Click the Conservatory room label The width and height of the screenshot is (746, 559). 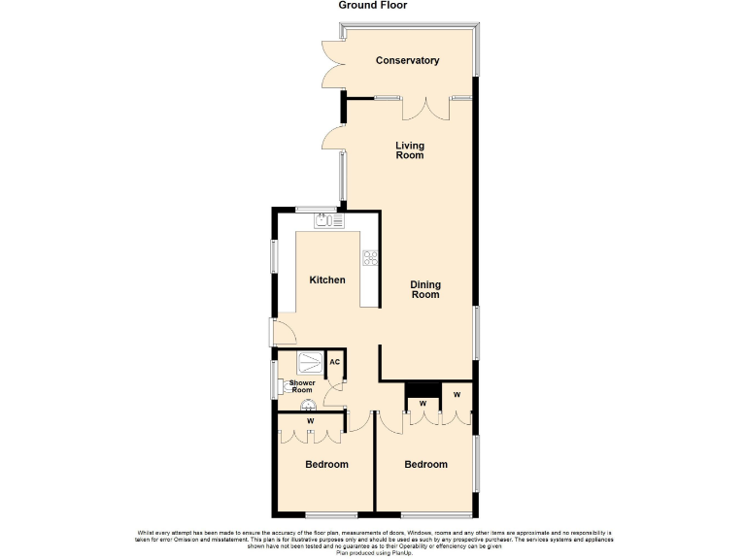(x=408, y=60)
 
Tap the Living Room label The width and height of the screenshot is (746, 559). (x=409, y=150)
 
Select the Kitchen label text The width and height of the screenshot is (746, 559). (x=327, y=280)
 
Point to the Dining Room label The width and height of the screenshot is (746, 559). (x=425, y=289)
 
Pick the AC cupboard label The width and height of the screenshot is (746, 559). (x=334, y=362)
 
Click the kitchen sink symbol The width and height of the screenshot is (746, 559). (x=327, y=221)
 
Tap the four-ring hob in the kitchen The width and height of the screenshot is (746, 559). (x=369, y=257)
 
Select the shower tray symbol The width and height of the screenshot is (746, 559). (x=310, y=362)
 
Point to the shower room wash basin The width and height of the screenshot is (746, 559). (x=308, y=406)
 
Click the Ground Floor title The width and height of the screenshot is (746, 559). (x=373, y=6)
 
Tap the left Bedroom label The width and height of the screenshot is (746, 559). (x=326, y=465)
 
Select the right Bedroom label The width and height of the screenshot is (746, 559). (x=425, y=465)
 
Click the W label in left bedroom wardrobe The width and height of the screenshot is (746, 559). (x=310, y=421)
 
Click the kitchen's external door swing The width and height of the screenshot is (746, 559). (x=285, y=334)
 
